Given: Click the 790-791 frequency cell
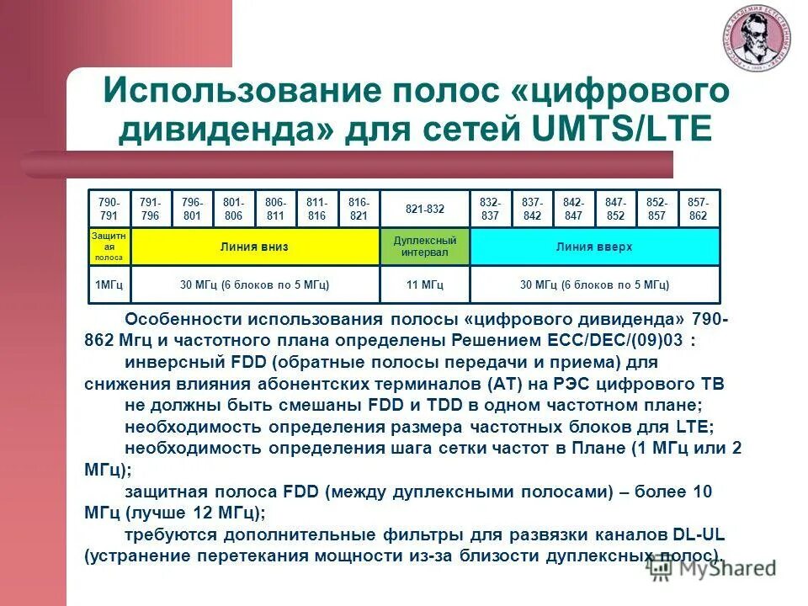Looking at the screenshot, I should click(x=109, y=209).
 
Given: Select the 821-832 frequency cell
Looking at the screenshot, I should click(x=424, y=209).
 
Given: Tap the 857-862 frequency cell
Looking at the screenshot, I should click(x=699, y=209).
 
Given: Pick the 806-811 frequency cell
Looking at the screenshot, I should click(x=275, y=209).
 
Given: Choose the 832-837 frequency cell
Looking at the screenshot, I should click(x=490, y=209).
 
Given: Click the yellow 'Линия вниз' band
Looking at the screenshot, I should click(x=255, y=247).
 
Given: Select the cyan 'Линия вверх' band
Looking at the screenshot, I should click(x=594, y=247).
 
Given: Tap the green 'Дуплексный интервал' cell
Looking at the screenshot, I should click(x=424, y=247).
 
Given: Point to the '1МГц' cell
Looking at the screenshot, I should click(x=109, y=285).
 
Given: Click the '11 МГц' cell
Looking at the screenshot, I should click(x=424, y=285).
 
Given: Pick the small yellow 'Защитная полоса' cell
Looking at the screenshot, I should click(x=109, y=247).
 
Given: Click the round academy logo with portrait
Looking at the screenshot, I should click(x=755, y=42).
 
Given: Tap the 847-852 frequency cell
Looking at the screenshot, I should click(x=615, y=209).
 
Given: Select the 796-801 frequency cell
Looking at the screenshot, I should click(x=192, y=209).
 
